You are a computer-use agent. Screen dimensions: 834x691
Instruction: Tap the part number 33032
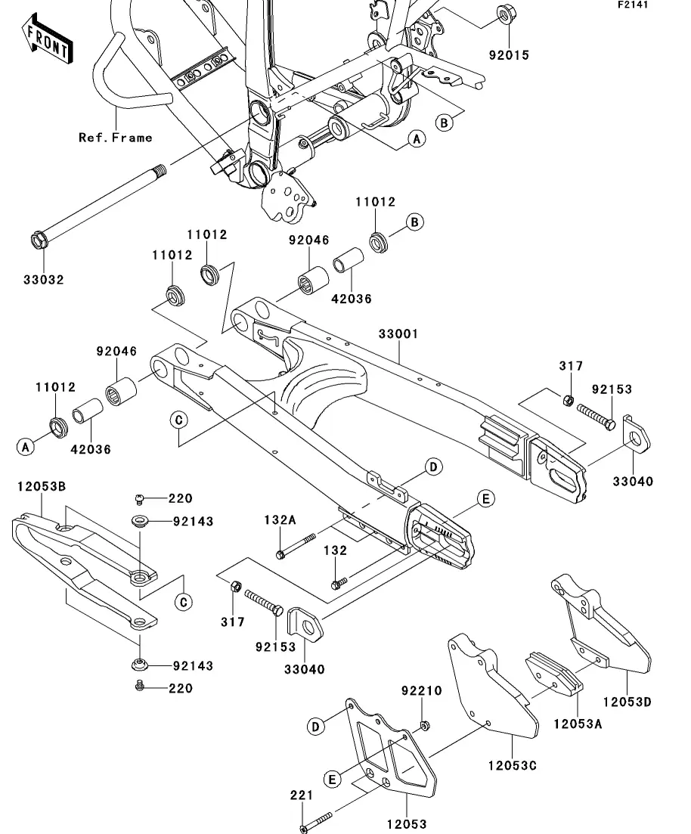[42, 279]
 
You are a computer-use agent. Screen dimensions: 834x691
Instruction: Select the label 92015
[508, 55]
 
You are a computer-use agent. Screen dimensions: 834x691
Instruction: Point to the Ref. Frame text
[116, 137]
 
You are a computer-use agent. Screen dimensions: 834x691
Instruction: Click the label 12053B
[42, 485]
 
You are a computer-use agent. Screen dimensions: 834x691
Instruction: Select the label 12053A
[578, 724]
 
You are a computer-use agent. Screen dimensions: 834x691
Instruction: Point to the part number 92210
[421, 690]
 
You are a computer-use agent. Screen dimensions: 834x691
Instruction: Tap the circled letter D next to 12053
[316, 727]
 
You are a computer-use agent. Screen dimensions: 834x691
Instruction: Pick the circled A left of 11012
[26, 447]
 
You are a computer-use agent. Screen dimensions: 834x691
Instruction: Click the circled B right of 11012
[414, 222]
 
